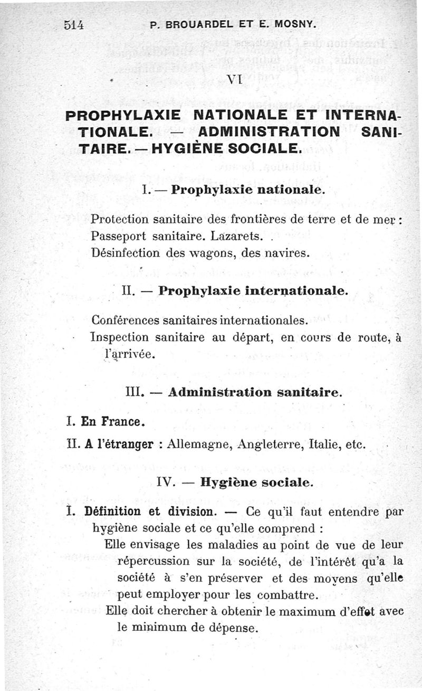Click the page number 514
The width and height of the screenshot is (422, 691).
point(74,24)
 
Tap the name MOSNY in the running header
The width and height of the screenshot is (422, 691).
point(296,24)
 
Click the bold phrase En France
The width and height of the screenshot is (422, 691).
point(111,422)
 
